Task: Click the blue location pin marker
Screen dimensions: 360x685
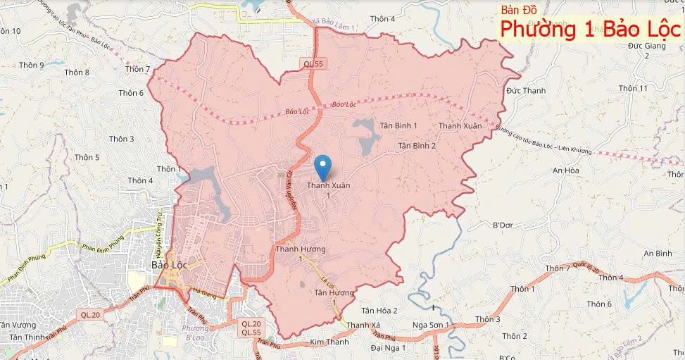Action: pyautogui.click(x=323, y=167)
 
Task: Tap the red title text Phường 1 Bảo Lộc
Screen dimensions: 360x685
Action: pyautogui.click(x=590, y=29)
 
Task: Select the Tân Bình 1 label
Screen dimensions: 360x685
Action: pyautogui.click(x=398, y=125)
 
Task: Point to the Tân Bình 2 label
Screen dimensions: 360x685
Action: pyautogui.click(x=417, y=146)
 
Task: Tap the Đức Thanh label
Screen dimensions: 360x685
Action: pyautogui.click(x=526, y=91)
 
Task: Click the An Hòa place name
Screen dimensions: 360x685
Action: pyautogui.click(x=565, y=170)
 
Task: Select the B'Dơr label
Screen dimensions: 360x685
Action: pyautogui.click(x=503, y=225)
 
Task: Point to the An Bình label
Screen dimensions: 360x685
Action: pyautogui.click(x=658, y=254)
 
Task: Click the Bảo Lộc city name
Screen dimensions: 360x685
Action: pyautogui.click(x=169, y=266)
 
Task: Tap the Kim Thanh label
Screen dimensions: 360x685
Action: pyautogui.click(x=329, y=342)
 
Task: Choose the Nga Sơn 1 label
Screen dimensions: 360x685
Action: pyautogui.click(x=430, y=326)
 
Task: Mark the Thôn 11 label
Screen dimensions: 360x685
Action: pyautogui.click(x=633, y=88)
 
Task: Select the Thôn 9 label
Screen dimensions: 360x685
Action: pyautogui.click(x=32, y=66)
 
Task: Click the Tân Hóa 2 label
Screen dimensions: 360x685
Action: pyautogui.click(x=379, y=311)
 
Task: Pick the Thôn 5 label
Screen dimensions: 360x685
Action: pyautogui.click(x=87, y=158)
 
